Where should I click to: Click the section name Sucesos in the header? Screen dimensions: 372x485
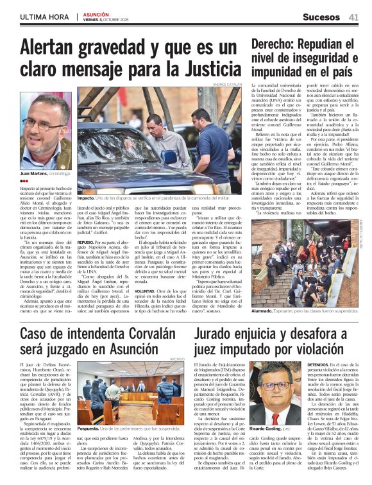coord(321,17)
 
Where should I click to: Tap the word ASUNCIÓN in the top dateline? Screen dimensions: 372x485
coord(96,14)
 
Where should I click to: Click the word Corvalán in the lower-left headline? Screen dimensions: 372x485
coord(140,332)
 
